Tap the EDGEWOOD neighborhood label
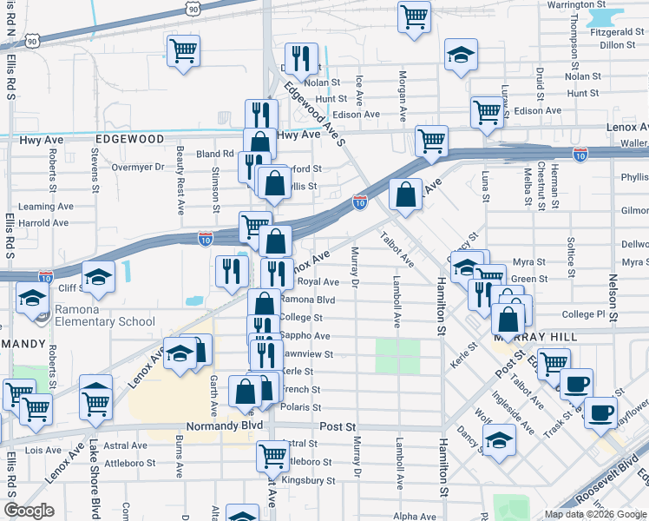click(x=129, y=139)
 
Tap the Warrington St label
click(x=599, y=4)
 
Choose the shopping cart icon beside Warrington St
click(x=415, y=16)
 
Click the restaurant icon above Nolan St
click(x=301, y=58)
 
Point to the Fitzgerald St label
click(x=616, y=31)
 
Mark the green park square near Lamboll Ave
click(x=397, y=356)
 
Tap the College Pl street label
click(x=590, y=314)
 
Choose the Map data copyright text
click(x=594, y=514)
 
